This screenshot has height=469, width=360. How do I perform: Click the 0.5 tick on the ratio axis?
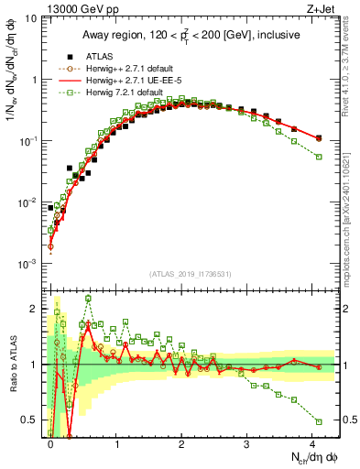[31, 419]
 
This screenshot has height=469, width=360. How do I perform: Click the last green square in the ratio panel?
[319, 421]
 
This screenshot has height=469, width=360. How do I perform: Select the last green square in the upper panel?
[319, 157]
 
